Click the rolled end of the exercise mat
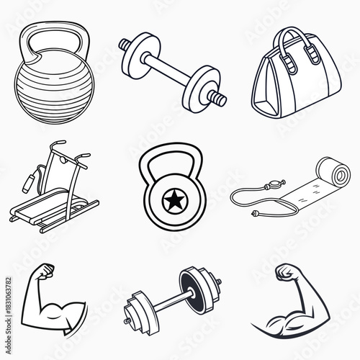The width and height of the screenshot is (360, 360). tap(337, 174)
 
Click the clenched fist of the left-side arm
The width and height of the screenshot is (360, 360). tap(45, 274)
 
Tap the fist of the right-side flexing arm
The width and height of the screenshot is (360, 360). tap(286, 274)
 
